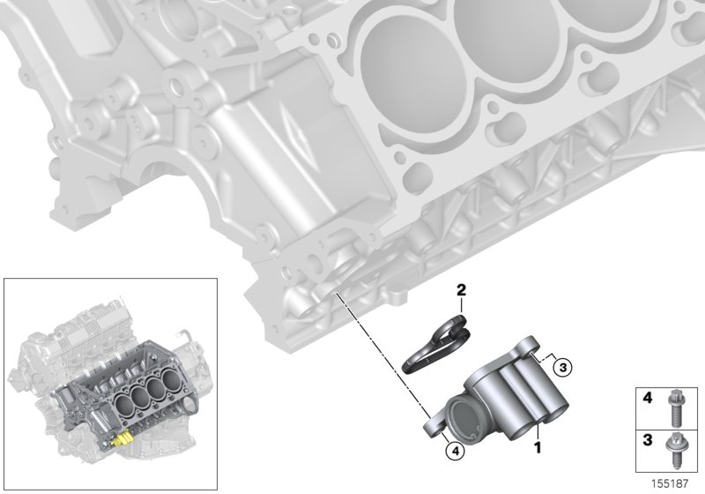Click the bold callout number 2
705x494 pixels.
[x=459, y=288]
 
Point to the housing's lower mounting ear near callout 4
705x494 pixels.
[x=436, y=427]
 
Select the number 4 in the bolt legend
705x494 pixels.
[x=647, y=399]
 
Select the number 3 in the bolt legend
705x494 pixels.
[x=647, y=438]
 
